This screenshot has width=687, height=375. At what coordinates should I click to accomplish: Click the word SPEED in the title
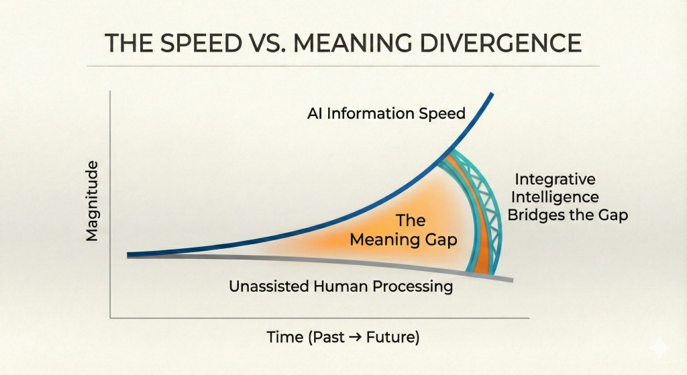pos(201,43)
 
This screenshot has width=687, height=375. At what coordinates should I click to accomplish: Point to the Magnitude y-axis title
pos(92,201)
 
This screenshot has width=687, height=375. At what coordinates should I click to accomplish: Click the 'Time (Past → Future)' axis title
pos(343,337)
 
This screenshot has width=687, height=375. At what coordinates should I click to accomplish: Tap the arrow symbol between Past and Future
pos(356,337)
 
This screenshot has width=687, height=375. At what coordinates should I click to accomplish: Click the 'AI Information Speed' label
pos(386,113)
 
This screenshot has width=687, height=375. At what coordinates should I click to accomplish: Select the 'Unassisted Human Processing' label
pos(341,286)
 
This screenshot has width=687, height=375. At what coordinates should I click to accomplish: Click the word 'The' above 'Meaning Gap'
pos(411,220)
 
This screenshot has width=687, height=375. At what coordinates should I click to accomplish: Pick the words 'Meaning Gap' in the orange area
pos(403,239)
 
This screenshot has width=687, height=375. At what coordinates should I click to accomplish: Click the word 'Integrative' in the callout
pos(555,179)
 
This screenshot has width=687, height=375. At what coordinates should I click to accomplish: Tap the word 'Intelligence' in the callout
pos(555,197)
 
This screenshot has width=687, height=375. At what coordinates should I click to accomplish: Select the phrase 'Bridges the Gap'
pos(568,215)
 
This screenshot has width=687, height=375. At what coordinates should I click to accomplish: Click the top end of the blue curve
pos(492,94)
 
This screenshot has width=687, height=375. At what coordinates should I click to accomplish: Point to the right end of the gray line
pos(512,280)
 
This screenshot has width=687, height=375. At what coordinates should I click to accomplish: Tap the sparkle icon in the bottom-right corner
pos(659,348)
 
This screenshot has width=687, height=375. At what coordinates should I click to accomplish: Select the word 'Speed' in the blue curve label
pos(442,114)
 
